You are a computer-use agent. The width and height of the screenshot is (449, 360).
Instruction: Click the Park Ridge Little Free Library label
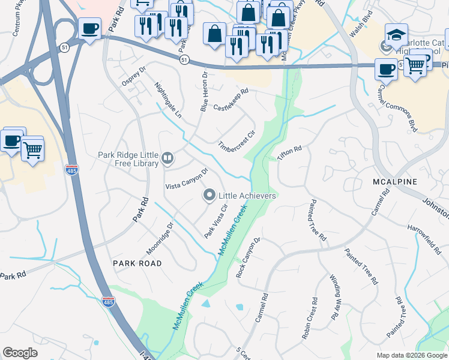[x=128, y=159]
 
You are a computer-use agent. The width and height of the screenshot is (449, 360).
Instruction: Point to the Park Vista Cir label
[x=217, y=221]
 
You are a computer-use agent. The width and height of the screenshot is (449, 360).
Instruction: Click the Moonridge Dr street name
[x=160, y=239]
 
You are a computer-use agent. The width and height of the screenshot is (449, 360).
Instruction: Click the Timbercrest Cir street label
[x=240, y=141]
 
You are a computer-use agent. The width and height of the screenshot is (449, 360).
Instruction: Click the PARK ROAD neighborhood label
[x=137, y=263]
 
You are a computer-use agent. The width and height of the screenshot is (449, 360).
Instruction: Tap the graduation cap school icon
[x=396, y=34]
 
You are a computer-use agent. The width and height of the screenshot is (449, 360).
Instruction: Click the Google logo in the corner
[x=20, y=353]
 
